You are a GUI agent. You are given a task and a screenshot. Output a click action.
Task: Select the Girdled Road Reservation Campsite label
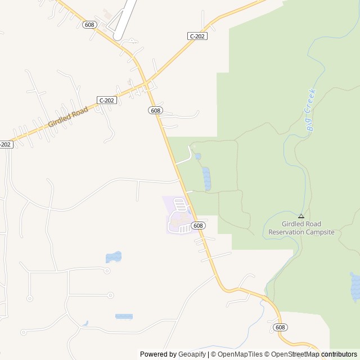[301, 228]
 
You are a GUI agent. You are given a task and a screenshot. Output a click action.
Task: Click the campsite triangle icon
[301, 215]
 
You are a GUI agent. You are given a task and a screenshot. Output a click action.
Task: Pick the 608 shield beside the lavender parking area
[197, 226]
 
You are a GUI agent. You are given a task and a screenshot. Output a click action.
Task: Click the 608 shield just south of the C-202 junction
[156, 110]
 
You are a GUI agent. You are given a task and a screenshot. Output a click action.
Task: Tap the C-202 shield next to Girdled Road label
[106, 100]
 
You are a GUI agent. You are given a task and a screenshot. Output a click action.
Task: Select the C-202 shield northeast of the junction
[197, 36]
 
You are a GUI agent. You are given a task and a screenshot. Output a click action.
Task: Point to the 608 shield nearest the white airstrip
[89, 25]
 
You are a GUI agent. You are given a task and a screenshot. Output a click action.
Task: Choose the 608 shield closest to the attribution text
[280, 327]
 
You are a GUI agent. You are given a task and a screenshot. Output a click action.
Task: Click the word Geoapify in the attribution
[192, 354]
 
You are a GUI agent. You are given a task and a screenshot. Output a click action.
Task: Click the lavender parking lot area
[179, 217]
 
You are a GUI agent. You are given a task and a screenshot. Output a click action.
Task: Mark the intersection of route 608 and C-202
[147, 85]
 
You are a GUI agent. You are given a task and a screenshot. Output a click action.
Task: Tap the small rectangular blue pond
[124, 317]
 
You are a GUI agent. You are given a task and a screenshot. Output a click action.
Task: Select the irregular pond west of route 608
[113, 257]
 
